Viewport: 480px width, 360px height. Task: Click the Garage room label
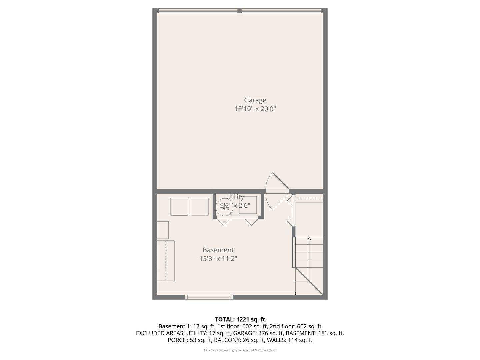(255, 100)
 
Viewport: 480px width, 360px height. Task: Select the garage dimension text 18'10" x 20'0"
(255, 109)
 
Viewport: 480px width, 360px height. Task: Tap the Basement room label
(218, 250)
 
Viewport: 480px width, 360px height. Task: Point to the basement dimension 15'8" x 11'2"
(218, 259)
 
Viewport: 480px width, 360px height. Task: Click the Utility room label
(235, 197)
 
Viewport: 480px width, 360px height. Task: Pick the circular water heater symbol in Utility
(224, 207)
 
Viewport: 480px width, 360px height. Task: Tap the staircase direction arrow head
(309, 239)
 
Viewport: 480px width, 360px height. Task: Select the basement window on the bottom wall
(209, 297)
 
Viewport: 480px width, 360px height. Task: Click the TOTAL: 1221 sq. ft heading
(240, 320)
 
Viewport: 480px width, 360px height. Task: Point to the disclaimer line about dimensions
(240, 350)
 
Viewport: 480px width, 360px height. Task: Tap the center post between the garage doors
(240, 11)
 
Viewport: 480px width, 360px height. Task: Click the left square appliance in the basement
(179, 207)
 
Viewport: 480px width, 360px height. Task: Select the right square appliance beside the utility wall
(199, 207)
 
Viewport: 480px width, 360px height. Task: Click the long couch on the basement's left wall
(166, 260)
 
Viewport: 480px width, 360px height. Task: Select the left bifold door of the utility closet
(224, 221)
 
